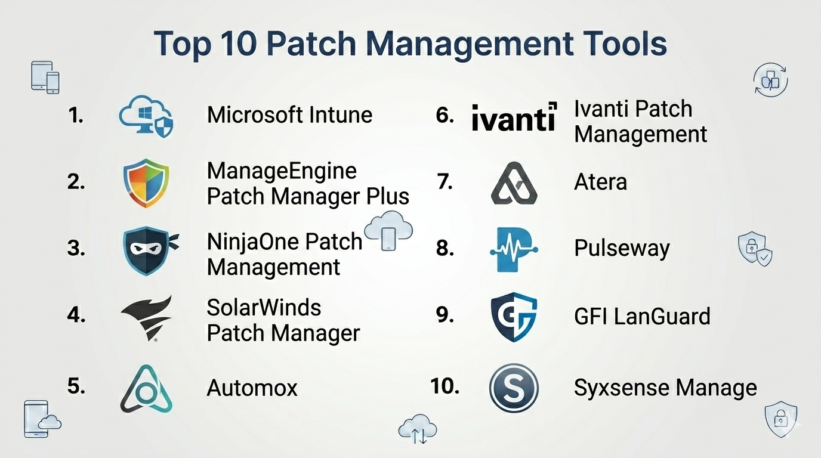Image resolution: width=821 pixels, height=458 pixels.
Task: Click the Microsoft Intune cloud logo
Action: (x=146, y=116)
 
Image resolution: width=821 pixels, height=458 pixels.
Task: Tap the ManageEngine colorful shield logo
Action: (x=146, y=182)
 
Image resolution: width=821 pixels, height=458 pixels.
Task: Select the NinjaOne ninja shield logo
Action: (x=150, y=251)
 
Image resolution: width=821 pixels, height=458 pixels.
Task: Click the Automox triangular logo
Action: (x=146, y=389)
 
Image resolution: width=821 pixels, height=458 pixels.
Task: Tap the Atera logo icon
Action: (x=514, y=183)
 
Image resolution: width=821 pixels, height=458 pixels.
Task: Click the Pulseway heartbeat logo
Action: (x=514, y=249)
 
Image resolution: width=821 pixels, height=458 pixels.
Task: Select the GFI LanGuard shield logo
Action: (x=514, y=317)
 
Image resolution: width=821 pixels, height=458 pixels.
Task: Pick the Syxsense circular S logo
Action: (x=514, y=388)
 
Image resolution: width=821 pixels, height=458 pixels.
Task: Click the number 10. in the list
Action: (x=445, y=386)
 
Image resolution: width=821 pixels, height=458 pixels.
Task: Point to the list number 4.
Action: (x=76, y=315)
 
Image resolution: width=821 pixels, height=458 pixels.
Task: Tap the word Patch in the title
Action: (x=311, y=44)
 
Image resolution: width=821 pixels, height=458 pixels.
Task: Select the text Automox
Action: (x=252, y=388)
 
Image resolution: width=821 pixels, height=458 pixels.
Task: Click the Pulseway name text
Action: (x=622, y=249)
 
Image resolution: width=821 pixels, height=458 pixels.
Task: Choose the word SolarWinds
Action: (x=264, y=307)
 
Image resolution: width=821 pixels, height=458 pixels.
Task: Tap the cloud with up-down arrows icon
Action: (x=418, y=429)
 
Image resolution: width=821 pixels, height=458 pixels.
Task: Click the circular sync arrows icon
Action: (x=770, y=81)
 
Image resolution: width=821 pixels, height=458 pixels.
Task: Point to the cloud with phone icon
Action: (x=388, y=231)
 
